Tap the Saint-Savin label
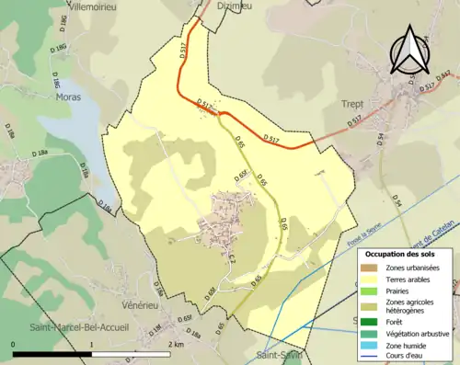point(279,355)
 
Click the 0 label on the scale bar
point(14,344)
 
